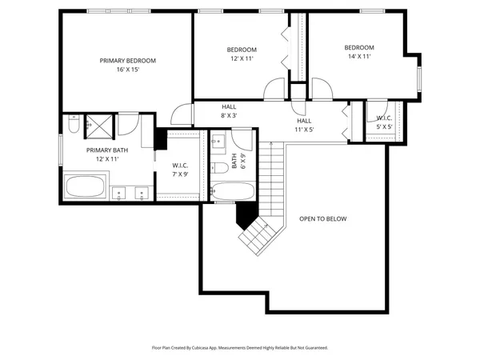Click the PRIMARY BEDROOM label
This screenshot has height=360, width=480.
click(x=127, y=65)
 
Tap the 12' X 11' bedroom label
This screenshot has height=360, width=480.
click(x=242, y=54)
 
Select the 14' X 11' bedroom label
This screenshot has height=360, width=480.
click(x=359, y=52)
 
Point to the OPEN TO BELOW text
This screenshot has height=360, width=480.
click(x=323, y=218)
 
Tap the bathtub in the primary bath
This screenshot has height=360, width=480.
click(x=85, y=187)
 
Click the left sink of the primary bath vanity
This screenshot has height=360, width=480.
click(x=119, y=192)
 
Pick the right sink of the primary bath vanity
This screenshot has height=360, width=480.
click(x=142, y=192)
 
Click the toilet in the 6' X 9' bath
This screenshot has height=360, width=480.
click(x=218, y=169)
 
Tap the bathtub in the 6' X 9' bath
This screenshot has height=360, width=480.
click(x=233, y=193)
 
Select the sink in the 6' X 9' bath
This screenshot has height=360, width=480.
click(x=218, y=142)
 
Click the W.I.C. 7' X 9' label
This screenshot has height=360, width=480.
click(x=180, y=170)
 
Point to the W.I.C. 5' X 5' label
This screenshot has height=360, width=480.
click(x=384, y=122)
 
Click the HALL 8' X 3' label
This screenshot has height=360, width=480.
click(x=230, y=110)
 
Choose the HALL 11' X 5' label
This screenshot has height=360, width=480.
click(x=304, y=124)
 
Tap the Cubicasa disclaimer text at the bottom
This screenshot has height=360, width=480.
click(x=240, y=348)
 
